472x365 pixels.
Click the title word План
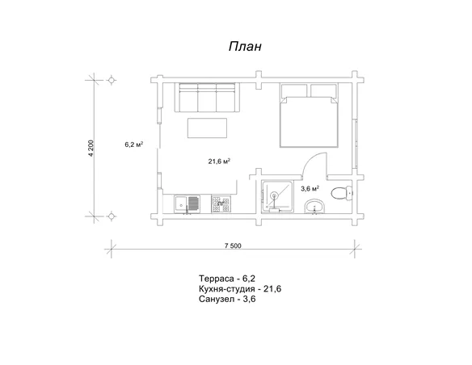pos(245,47)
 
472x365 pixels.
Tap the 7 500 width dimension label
pos(233,245)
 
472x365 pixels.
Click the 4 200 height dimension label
pos(91,148)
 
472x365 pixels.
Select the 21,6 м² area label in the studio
pos(220,162)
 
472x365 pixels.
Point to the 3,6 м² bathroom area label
pos(310,188)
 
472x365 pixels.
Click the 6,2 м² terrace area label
pos(133,145)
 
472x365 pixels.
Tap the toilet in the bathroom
pos(342,193)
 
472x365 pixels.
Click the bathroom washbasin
pos(315,207)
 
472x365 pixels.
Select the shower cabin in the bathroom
pos(277,196)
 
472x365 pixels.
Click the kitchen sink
pos(187,204)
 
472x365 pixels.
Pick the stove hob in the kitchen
pos(221,204)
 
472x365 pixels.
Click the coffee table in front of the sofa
pos(207,128)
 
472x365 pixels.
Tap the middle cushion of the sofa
pos(207,98)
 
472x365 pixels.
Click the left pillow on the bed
pos(294,90)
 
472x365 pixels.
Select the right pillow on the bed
pos(323,90)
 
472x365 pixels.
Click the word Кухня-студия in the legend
pos(227,289)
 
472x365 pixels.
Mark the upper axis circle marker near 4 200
pos(112,80)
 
